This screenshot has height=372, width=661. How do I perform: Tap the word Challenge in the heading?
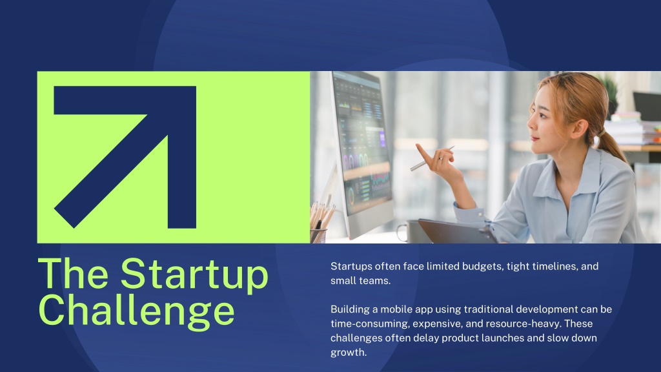point(137,311)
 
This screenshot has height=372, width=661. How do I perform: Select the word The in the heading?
point(73,273)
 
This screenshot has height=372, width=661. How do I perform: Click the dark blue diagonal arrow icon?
point(125,157)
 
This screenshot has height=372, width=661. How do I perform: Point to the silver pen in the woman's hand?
point(432,159)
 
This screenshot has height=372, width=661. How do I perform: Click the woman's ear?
point(579,129)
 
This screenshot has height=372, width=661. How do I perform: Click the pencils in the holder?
point(321,215)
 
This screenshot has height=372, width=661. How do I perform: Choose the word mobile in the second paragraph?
point(396,309)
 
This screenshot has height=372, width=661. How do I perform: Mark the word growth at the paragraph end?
point(348,353)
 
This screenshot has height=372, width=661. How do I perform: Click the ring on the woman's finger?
point(440,159)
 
